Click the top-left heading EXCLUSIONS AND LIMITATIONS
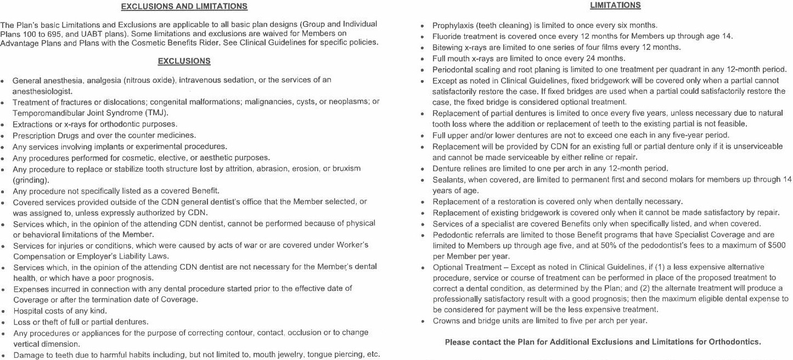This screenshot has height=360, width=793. click(184, 7)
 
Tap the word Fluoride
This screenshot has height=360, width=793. click(447, 36)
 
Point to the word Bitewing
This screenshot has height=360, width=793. click(447, 47)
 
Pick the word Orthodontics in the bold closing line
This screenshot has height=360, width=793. click(734, 342)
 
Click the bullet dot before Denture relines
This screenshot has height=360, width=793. click(421, 169)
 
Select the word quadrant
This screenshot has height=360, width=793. click(679, 69)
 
